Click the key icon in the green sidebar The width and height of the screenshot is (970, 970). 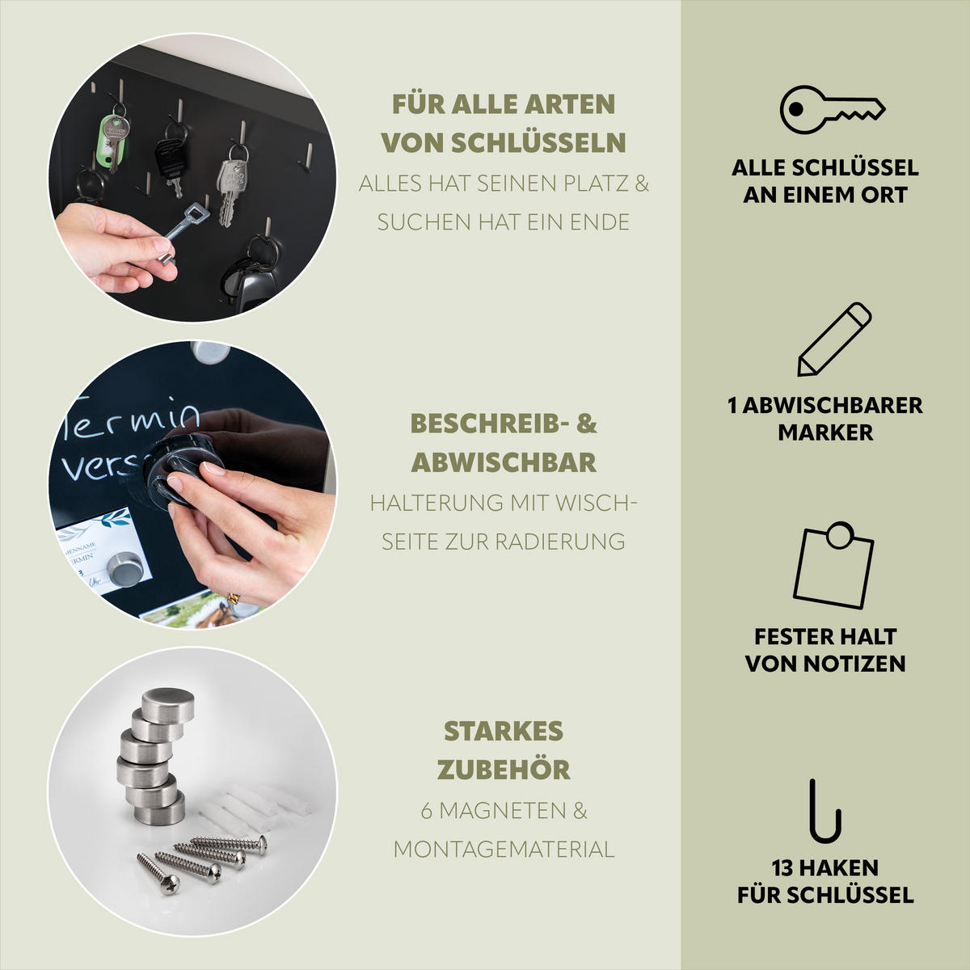[832, 109]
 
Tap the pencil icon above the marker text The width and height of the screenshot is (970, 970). [834, 339]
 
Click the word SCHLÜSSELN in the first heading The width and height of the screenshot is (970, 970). [538, 143]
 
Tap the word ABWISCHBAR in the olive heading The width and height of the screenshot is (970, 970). [504, 462]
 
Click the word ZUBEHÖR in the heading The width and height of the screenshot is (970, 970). [504, 770]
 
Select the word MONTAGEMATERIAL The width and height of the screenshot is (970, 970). [504, 850]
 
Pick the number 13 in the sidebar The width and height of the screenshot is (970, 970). [782, 868]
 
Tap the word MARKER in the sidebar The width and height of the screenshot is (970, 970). [825, 432]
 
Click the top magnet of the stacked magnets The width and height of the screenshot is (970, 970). [167, 705]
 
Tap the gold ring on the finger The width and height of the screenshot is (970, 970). [233, 598]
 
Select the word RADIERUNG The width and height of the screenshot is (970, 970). [559, 542]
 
